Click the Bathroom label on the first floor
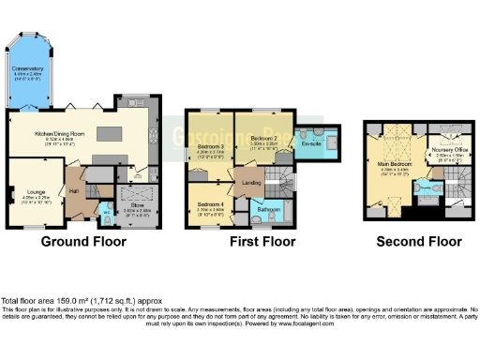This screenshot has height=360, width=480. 269,208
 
